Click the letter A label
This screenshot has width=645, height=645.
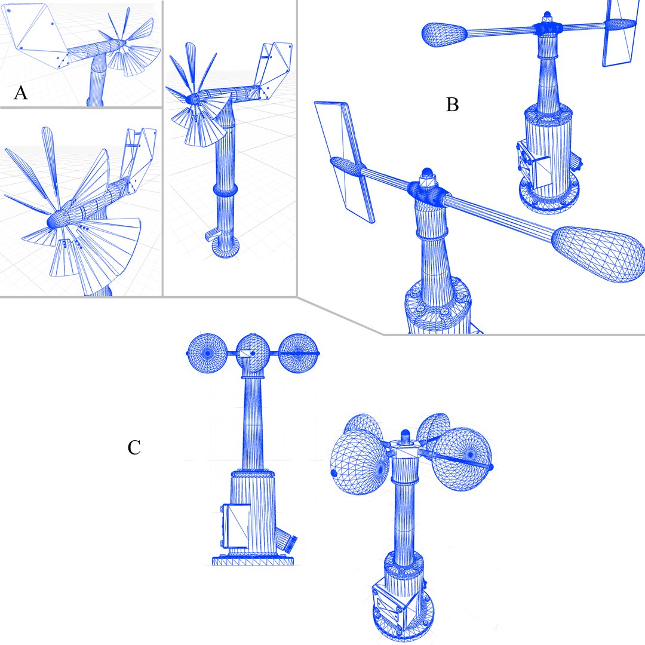click(x=20, y=93)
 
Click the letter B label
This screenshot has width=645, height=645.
click(x=452, y=105)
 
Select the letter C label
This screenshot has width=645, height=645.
click(x=134, y=447)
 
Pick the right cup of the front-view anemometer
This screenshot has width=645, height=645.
click(x=299, y=353)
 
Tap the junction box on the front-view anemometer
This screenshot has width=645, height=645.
click(x=235, y=526)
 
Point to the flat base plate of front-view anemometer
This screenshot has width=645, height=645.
click(x=254, y=560)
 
